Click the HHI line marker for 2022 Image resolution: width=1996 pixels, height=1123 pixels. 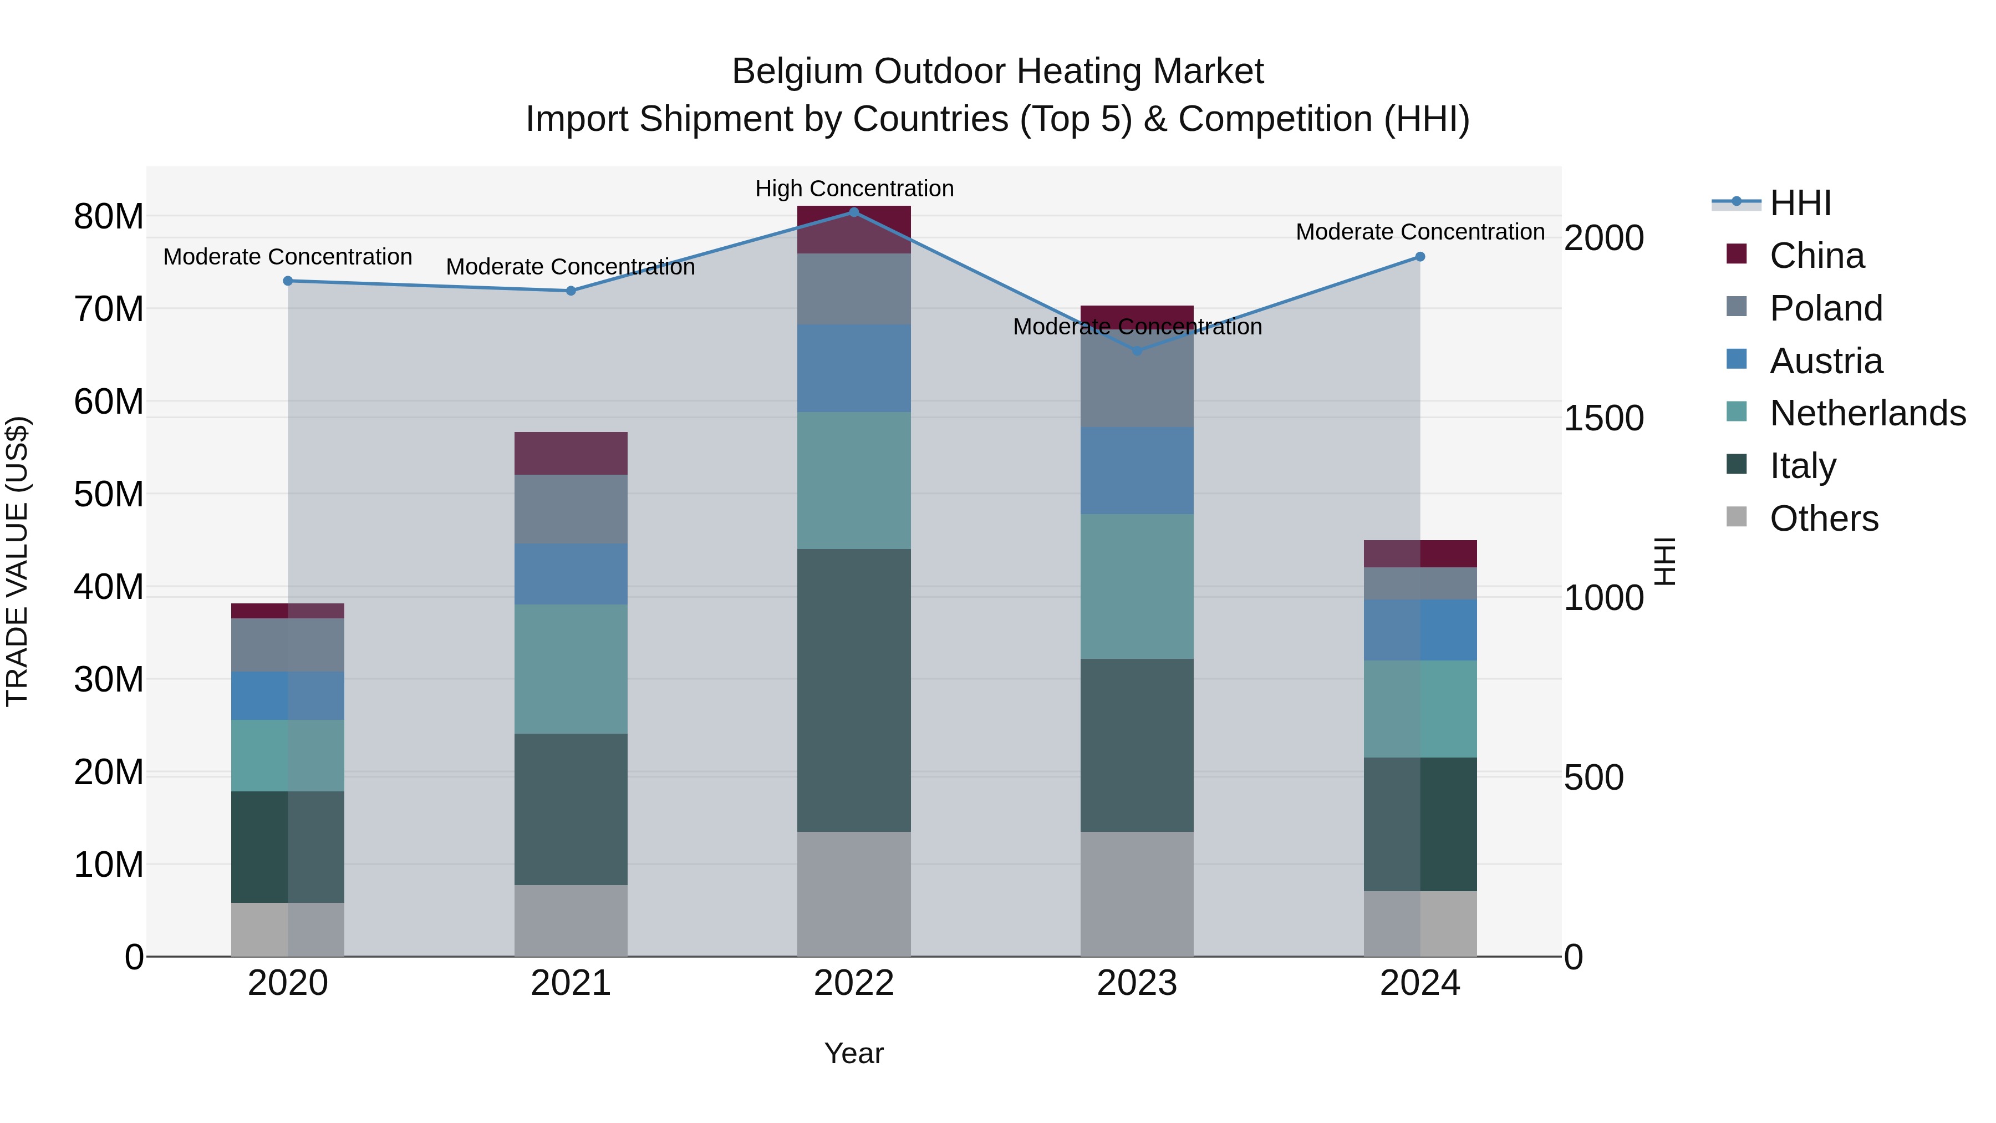click(854, 212)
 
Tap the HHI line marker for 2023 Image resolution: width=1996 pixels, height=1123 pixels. click(1137, 351)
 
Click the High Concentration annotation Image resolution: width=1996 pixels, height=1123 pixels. click(854, 189)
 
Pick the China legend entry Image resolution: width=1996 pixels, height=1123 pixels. click(1816, 256)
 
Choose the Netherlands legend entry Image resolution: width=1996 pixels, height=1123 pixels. click(1867, 413)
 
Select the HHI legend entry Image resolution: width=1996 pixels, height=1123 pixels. click(1800, 203)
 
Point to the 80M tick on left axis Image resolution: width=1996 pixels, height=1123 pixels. click(109, 216)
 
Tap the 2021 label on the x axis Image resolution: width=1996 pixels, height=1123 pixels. click(571, 983)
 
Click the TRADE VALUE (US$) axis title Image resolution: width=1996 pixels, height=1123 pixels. click(17, 561)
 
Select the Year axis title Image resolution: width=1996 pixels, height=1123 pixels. click(854, 1053)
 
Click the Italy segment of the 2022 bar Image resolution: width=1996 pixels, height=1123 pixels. click(854, 690)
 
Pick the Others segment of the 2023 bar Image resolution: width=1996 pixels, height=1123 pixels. click(1137, 893)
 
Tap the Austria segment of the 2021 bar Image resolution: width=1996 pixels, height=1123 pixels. click(571, 573)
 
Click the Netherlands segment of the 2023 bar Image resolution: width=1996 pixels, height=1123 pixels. click(1137, 586)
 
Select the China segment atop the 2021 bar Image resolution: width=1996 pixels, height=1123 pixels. click(571, 453)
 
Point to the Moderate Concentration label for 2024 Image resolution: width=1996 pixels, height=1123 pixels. click(1419, 232)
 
